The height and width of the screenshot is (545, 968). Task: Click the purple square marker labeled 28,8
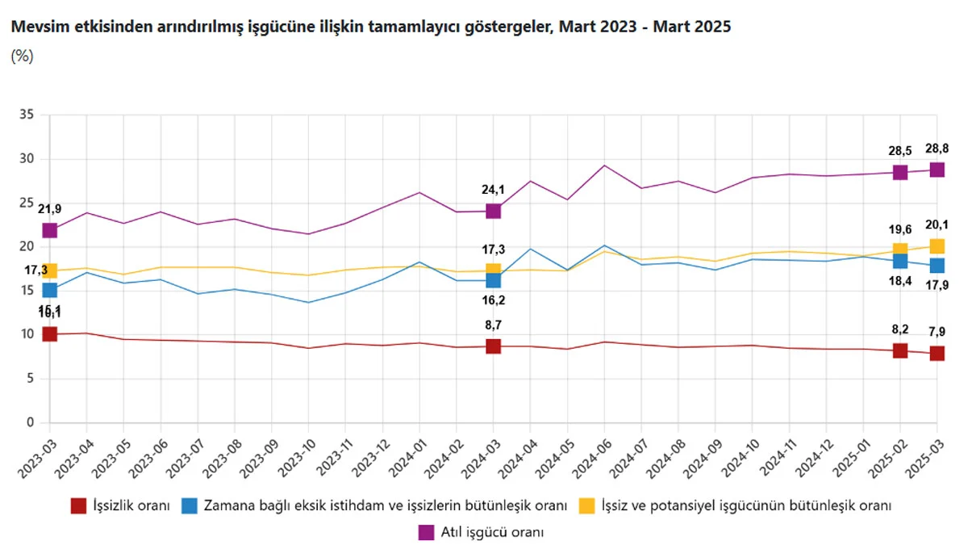tap(937, 170)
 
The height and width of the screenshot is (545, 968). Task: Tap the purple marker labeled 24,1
tap(493, 211)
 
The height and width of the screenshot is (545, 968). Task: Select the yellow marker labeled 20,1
tap(937, 246)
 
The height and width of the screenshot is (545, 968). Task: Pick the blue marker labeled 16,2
tap(493, 280)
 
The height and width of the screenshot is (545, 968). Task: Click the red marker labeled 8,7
tap(493, 346)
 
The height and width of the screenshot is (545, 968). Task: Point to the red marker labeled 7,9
tap(937, 353)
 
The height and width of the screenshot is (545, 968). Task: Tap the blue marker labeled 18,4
tap(900, 261)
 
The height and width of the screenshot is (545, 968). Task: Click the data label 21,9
tap(48, 209)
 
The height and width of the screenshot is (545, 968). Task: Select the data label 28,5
tap(900, 151)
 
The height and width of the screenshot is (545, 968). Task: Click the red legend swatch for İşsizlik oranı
tap(78, 506)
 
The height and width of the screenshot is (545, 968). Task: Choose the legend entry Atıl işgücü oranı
tap(492, 532)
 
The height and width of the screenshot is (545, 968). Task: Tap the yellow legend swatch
tap(587, 506)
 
